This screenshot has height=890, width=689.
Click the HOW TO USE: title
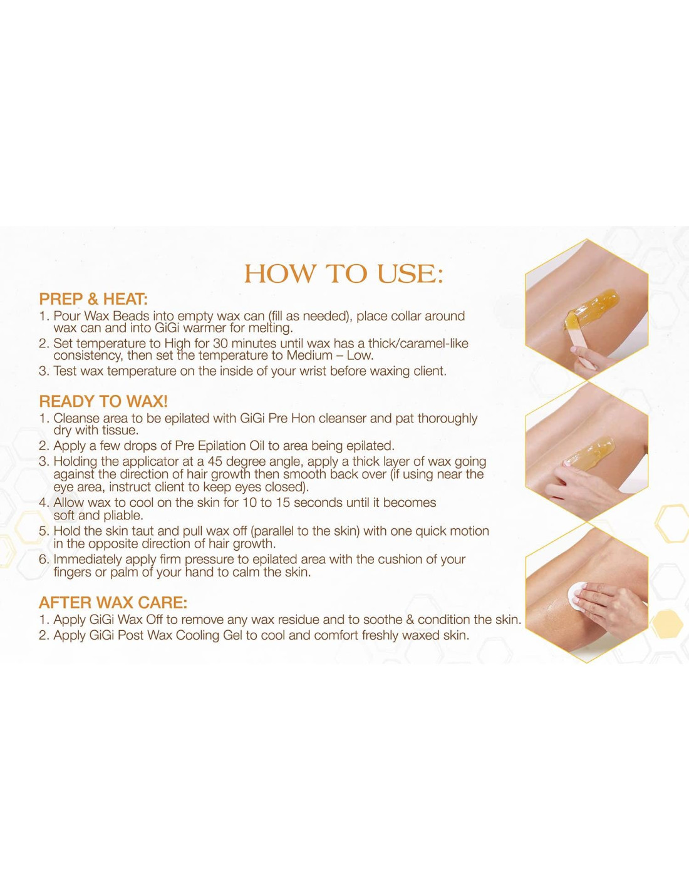point(343,274)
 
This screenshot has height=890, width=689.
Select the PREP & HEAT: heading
point(93,299)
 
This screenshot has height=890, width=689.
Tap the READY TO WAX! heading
point(103,401)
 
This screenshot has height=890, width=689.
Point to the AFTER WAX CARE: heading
point(113,603)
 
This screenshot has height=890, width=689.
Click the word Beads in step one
point(131,316)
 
